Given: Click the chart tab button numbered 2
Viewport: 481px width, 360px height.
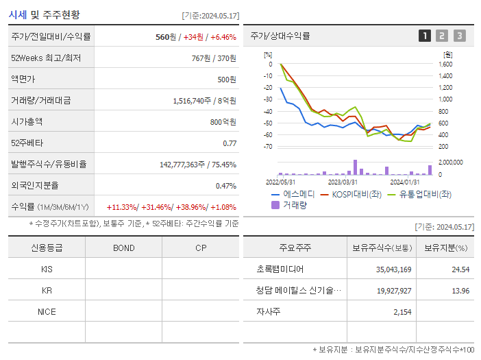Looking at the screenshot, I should [442, 36].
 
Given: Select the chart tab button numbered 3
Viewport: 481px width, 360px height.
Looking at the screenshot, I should [459, 36].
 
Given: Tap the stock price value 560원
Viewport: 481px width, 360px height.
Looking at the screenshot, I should [166, 37].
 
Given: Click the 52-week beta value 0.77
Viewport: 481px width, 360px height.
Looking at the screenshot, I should [230, 143].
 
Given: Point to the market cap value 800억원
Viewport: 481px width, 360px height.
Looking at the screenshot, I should [223, 121].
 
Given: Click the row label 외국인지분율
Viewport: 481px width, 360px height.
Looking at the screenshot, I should [35, 185].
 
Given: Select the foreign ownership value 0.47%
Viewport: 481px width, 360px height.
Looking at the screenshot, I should [226, 185].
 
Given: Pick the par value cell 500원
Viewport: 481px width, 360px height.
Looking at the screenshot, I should [227, 79].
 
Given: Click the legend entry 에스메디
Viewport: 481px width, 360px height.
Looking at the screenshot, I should [298, 194].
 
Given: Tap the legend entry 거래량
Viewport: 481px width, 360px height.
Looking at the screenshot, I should [295, 204].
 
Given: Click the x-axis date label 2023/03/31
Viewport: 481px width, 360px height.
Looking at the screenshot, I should [343, 182].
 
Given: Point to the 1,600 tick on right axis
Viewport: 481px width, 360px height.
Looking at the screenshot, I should [445, 64].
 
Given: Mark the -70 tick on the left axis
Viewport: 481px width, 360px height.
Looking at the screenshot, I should [268, 146].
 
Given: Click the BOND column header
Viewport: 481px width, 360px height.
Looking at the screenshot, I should [123, 248].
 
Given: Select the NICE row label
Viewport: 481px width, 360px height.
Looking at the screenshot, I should [47, 311].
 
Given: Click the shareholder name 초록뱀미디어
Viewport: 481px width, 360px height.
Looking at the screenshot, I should [280, 269].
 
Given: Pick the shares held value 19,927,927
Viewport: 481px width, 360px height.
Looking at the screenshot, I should [393, 291].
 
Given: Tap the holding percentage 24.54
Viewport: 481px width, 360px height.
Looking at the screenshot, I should [461, 269].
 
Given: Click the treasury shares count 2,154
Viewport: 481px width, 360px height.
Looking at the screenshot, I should [402, 311].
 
